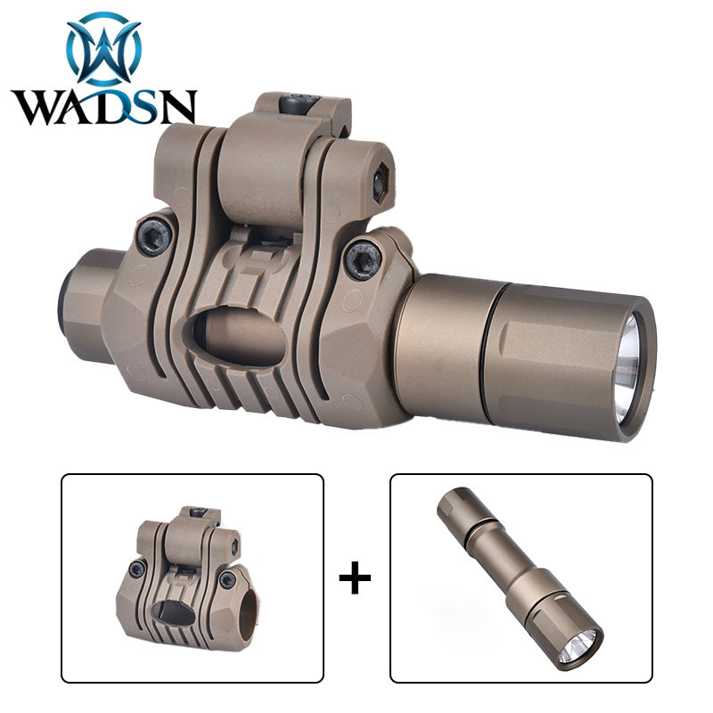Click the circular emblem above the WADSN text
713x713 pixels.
point(103,49)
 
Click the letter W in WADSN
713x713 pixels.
point(38,107)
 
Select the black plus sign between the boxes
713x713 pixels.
point(355,578)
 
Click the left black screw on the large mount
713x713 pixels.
point(154,235)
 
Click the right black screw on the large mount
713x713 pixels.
point(363,260)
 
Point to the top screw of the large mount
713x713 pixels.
point(298,103)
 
